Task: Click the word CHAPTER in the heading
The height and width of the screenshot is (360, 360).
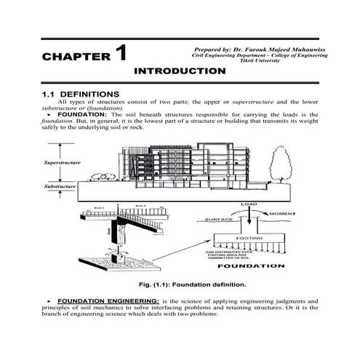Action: coord(75,57)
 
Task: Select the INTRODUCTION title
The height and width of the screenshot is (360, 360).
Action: coord(180,71)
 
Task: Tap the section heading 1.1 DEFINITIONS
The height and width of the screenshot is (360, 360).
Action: coord(80,95)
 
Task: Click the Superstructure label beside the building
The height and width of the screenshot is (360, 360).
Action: coord(61,162)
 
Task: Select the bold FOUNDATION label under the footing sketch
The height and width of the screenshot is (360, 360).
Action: coord(250,265)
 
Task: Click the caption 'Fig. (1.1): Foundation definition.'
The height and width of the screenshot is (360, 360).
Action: coord(178,284)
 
